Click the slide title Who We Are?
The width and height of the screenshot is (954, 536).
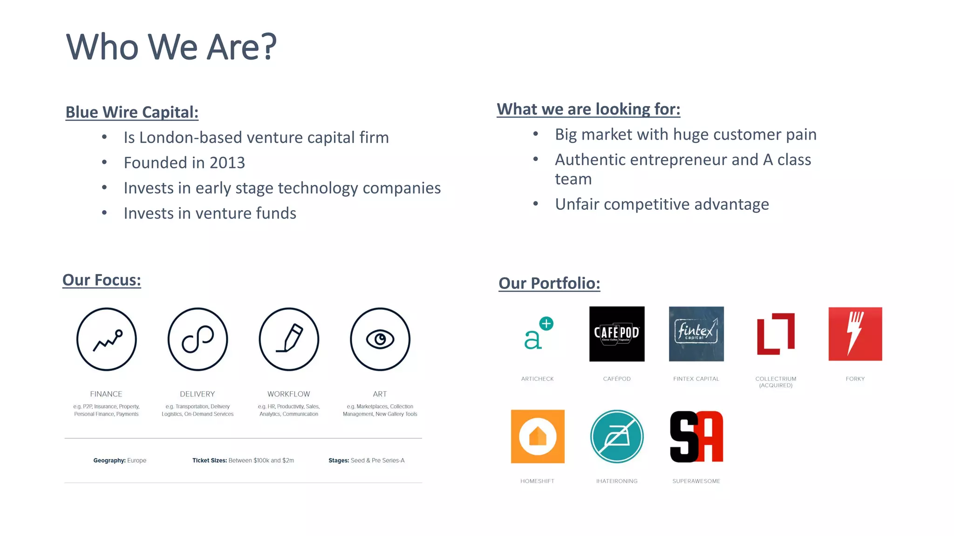pyautogui.click(x=171, y=47)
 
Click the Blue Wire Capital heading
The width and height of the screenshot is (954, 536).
pyautogui.click(x=132, y=112)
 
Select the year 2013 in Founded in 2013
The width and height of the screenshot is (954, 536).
pyautogui.click(x=227, y=163)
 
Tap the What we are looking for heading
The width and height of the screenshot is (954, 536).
pyautogui.click(x=588, y=109)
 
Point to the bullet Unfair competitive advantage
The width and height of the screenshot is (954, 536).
pyautogui.click(x=661, y=204)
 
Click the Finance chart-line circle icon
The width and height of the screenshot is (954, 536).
pyautogui.click(x=107, y=339)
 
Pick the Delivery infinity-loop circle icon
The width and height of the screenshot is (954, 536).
pyautogui.click(x=198, y=339)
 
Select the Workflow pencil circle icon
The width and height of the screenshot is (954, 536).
pyautogui.click(x=289, y=339)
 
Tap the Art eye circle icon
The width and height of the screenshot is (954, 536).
pyautogui.click(x=380, y=339)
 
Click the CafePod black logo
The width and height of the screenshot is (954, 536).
pyautogui.click(x=617, y=334)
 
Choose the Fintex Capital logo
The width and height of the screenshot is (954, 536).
pyautogui.click(x=696, y=334)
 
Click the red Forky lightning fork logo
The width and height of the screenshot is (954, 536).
pyautogui.click(x=855, y=334)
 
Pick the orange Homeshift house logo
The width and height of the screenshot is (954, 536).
pyautogui.click(x=538, y=436)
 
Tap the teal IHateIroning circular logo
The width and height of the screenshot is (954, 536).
pyautogui.click(x=617, y=436)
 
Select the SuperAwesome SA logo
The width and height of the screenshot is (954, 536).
pyautogui.click(x=696, y=436)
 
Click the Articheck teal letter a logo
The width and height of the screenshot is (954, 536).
pyautogui.click(x=537, y=334)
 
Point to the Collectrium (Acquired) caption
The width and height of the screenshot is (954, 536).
pyautogui.click(x=776, y=382)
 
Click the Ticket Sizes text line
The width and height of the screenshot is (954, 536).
pyautogui.click(x=243, y=461)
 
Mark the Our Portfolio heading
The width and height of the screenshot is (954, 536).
pyautogui.click(x=549, y=283)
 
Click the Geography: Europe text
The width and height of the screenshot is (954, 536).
pyautogui.click(x=120, y=461)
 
